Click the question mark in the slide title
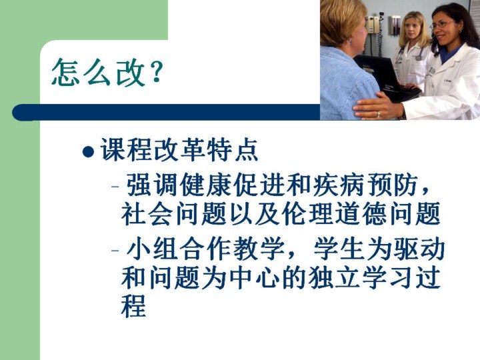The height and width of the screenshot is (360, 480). coord(157,72)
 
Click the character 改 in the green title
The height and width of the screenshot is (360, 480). coord(131,73)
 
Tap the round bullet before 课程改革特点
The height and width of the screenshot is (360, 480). coord(88,152)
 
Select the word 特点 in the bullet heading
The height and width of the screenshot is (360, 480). coord(233,150)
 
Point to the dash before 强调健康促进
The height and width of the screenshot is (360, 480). coord(115,186)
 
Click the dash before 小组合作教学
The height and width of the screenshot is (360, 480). coord(115,250)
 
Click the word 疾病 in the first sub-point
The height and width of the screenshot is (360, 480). coord(340,185)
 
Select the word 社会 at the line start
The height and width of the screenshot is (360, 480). coord(147,213)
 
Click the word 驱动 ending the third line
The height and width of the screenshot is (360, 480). coord(419,249)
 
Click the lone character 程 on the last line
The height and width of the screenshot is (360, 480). coord(133,307)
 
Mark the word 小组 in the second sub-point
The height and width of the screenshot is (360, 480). coord(153,249)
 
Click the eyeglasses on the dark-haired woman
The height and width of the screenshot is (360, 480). coord(442,25)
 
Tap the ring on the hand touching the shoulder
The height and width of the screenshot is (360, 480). coord(379,115)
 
